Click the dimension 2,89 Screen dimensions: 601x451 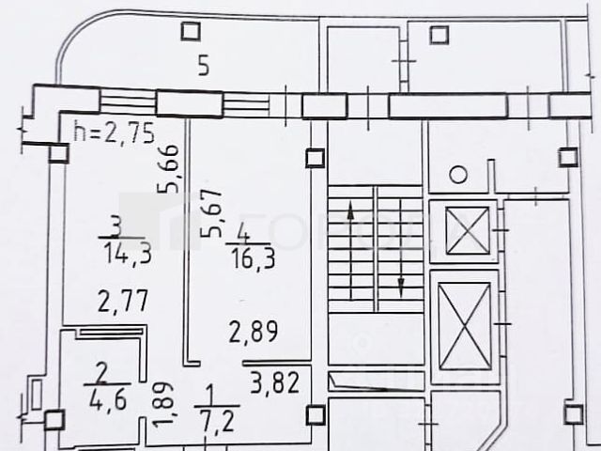click(x=254, y=332)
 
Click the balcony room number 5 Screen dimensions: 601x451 click(x=202, y=66)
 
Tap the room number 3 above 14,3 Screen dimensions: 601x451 click(x=115, y=225)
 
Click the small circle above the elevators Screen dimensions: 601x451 click(x=457, y=175)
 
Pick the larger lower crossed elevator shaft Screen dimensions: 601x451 click(x=465, y=325)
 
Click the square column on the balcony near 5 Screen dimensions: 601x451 click(x=190, y=32)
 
